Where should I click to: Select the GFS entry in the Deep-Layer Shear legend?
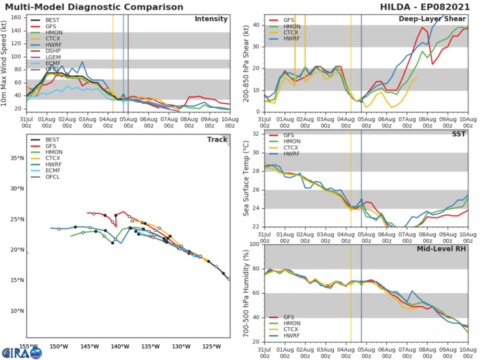coord(289,21)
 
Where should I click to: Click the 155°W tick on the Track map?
coord(28,346)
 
